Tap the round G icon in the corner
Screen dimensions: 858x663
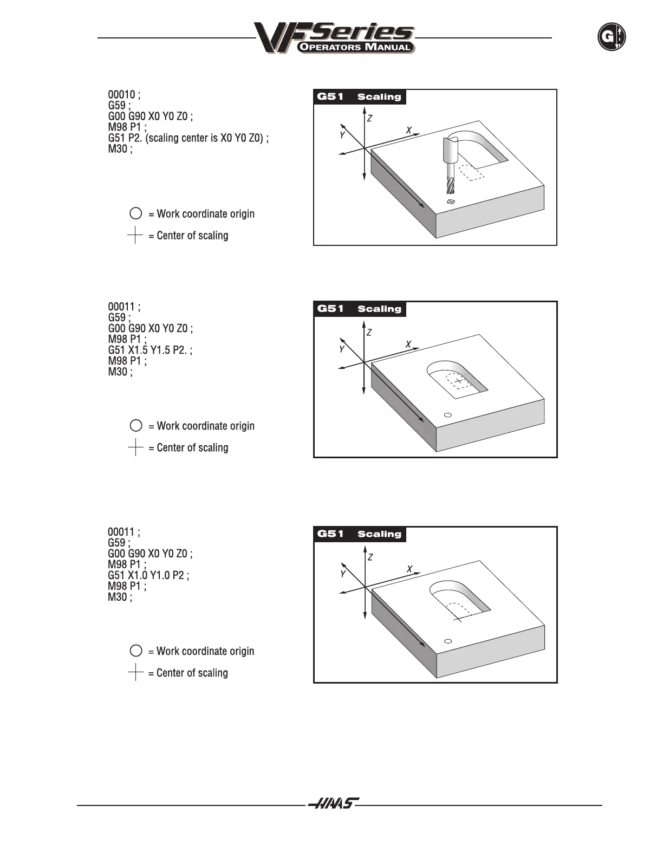611,37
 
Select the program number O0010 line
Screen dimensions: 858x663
124,95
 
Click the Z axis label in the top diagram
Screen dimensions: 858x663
369,118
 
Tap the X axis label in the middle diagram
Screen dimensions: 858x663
408,344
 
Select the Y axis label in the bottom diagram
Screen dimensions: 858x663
343,574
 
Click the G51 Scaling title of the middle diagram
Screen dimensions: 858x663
360,309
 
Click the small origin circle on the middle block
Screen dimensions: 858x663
447,415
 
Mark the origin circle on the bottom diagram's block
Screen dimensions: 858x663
447,641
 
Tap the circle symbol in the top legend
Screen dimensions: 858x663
136,213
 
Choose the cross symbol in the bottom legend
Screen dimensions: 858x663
135,673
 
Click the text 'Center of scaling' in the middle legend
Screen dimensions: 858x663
192,448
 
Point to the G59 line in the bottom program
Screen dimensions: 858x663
119,543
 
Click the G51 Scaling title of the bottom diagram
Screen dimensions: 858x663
360,534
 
